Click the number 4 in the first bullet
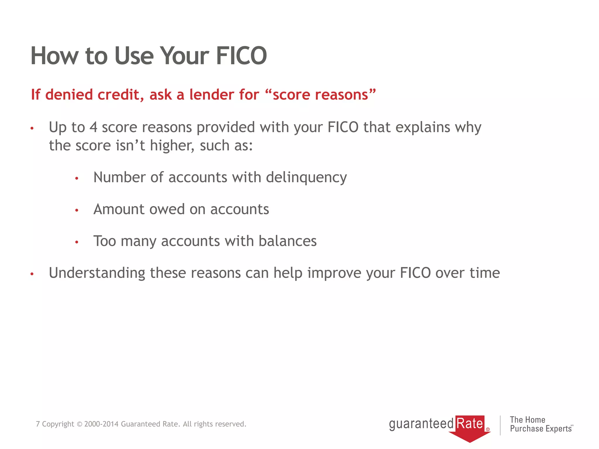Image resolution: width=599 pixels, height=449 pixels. click(x=93, y=127)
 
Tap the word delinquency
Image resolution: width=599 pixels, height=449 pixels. click(x=306, y=177)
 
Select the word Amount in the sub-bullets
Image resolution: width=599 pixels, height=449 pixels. click(x=119, y=209)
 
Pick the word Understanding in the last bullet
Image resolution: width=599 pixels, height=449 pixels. click(x=97, y=273)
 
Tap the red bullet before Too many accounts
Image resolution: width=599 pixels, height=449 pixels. click(x=77, y=242)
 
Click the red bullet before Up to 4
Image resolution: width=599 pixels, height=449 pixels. click(x=32, y=128)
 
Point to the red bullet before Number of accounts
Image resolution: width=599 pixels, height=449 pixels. click(x=77, y=178)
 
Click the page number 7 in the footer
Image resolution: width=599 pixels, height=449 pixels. click(x=38, y=424)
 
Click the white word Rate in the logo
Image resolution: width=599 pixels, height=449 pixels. click(x=469, y=423)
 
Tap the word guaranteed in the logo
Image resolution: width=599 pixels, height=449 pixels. click(x=421, y=424)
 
